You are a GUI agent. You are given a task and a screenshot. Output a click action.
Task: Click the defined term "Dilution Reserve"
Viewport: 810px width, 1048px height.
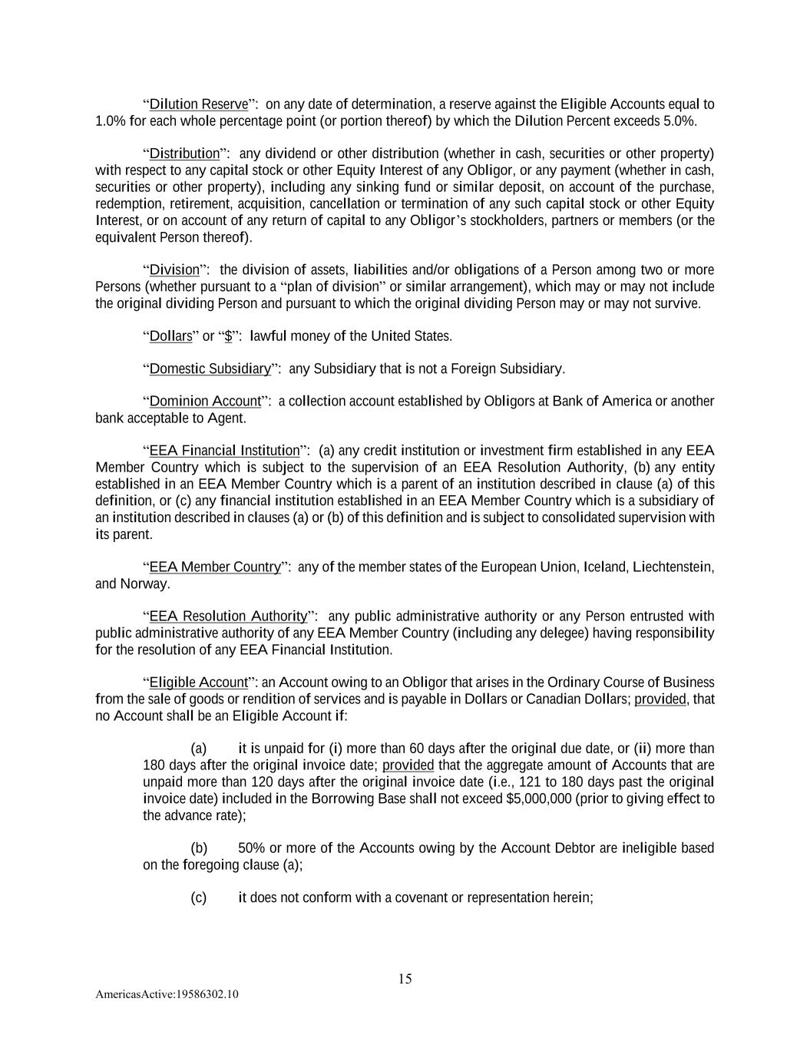[x=199, y=104]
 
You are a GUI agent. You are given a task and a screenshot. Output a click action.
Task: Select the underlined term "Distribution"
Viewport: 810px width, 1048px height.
[x=184, y=154]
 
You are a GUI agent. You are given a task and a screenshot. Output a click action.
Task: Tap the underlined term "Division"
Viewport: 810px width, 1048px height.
[x=174, y=270]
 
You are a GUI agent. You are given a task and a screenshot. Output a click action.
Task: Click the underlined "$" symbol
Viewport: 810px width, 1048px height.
[x=229, y=336]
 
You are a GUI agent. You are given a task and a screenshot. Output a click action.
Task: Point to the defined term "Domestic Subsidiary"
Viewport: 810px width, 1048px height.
[x=210, y=369]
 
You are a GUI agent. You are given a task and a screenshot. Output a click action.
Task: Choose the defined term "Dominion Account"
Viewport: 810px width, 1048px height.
[x=205, y=402]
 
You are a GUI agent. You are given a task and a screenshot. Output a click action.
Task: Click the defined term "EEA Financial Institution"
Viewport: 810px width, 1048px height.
[x=224, y=451]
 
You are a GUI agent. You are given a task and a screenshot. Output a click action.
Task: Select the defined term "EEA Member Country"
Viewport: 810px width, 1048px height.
[x=215, y=567]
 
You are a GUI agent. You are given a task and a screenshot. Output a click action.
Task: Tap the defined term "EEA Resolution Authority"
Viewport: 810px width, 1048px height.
[x=228, y=617]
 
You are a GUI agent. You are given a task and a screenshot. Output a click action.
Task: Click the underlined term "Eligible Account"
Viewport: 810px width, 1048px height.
[x=199, y=683]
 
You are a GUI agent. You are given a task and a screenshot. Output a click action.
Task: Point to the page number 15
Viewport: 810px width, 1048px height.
[x=405, y=979]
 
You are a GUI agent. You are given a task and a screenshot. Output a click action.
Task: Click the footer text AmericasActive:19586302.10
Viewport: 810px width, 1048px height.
[x=167, y=994]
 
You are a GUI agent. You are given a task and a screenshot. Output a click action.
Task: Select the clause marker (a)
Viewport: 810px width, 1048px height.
[x=199, y=749]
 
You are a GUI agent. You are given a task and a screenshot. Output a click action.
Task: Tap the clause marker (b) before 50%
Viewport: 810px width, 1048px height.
[x=199, y=848]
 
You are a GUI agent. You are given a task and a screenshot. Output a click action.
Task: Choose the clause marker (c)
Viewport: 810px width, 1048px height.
[x=199, y=898]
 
